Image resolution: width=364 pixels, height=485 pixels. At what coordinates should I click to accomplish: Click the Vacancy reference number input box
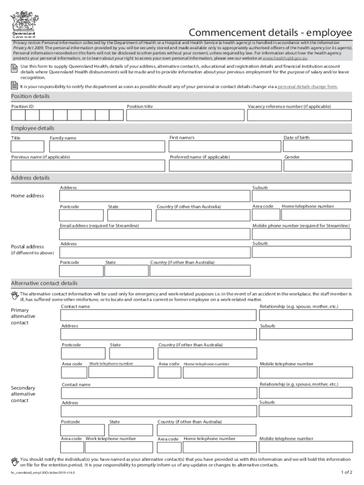(300, 116)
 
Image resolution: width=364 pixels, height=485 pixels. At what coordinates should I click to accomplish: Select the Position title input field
(186, 116)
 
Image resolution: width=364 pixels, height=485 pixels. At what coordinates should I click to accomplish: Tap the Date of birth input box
(318, 146)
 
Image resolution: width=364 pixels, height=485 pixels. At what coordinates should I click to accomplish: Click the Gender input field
(318, 165)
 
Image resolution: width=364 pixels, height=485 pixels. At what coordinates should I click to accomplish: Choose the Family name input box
(108, 146)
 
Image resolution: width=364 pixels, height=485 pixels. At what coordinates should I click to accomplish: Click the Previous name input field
(88, 165)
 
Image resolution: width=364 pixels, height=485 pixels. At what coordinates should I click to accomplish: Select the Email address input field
(155, 234)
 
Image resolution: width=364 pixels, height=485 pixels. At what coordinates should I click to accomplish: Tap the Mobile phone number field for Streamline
(302, 234)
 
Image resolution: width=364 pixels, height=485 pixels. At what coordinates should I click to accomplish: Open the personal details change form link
(307, 87)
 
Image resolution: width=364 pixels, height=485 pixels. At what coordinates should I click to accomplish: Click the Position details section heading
(30, 96)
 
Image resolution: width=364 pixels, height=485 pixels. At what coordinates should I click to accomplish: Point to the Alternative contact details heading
(44, 283)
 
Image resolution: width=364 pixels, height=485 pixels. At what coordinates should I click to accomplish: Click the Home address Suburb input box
(301, 196)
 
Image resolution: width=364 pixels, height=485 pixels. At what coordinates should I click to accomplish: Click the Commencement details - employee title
(270, 33)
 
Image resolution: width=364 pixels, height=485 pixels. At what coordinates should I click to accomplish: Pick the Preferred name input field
(224, 165)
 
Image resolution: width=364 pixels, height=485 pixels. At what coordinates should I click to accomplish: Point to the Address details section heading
(30, 178)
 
